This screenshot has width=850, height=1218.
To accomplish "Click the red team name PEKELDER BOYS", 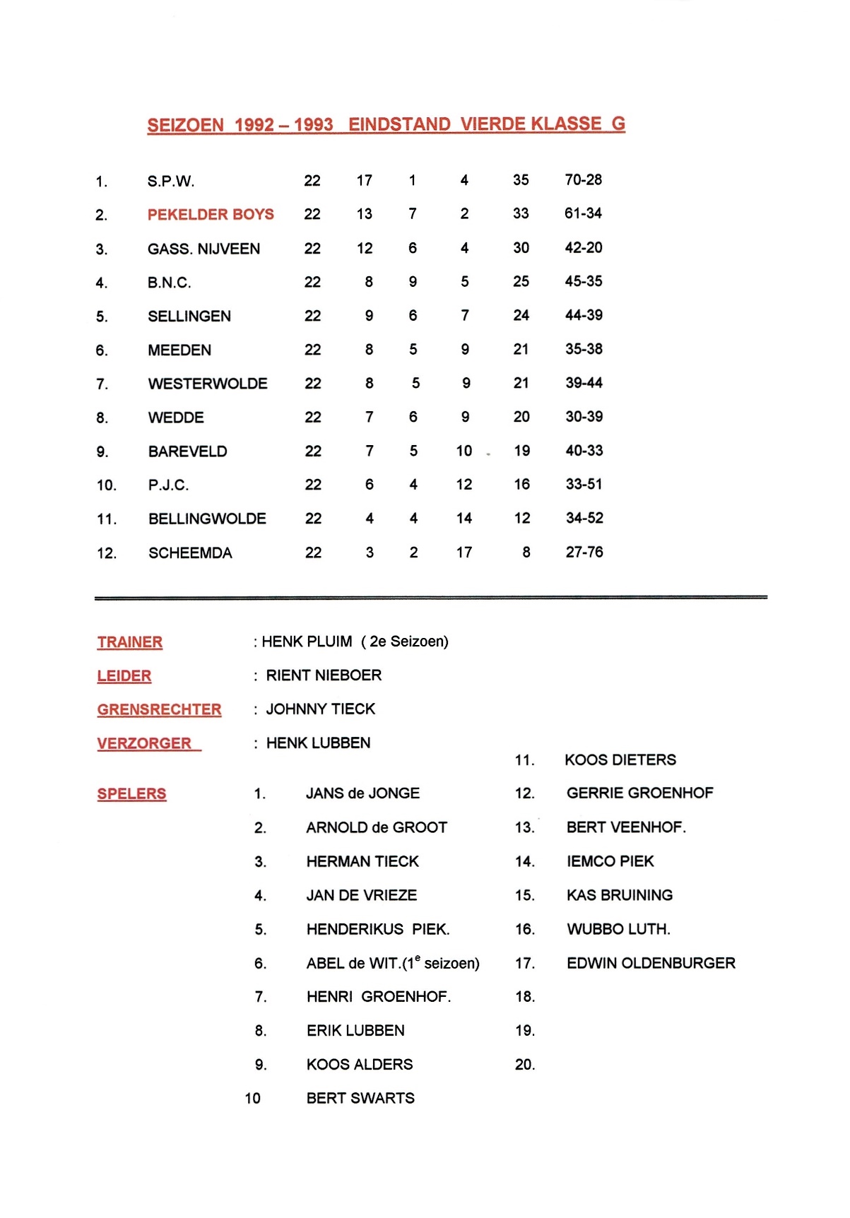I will [211, 214].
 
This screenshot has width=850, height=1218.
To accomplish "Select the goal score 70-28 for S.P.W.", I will [583, 179].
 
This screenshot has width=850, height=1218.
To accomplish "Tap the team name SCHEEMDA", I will [190, 552].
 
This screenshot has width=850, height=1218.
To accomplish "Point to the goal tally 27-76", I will [584, 552].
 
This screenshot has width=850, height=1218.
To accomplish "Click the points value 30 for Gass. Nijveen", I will [521, 247].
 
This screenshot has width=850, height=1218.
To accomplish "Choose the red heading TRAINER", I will [130, 642].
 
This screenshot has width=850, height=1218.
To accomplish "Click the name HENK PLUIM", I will [307, 641].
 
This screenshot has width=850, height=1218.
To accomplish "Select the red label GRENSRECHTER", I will [159, 709].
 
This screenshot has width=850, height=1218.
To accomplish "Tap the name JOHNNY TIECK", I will [320, 709].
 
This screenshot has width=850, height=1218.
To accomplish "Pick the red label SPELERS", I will [131, 793].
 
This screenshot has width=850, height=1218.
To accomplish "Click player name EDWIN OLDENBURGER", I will [651, 963].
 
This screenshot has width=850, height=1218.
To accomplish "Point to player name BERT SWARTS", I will [360, 1098].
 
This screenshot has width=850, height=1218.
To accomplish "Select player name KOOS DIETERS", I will [620, 759].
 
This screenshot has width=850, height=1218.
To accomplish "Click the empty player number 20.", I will [525, 1065].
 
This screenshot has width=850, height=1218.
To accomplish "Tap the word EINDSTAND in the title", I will [399, 124].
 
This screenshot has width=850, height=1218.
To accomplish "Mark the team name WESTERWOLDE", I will [208, 384].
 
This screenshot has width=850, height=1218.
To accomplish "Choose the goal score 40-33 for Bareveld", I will [584, 450].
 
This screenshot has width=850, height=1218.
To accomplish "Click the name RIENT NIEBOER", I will [324, 675].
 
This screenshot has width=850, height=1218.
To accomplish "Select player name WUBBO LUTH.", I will [618, 929].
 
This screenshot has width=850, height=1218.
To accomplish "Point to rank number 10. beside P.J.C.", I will [107, 485].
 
